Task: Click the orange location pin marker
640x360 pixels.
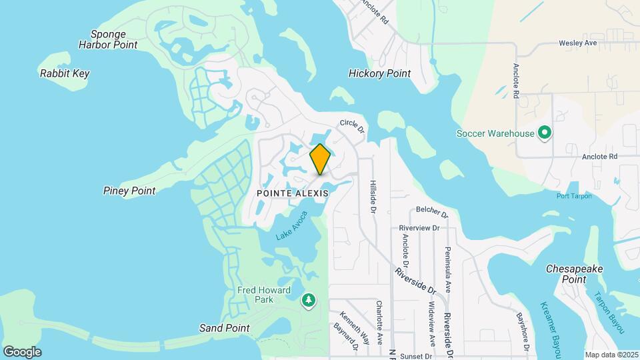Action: click(x=320, y=159)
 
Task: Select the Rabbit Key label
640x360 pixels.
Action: click(x=65, y=73)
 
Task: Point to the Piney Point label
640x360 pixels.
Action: click(x=129, y=191)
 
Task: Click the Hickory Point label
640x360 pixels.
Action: click(x=379, y=73)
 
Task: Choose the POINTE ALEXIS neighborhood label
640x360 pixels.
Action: click(x=293, y=193)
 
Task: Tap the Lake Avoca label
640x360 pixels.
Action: click(x=292, y=226)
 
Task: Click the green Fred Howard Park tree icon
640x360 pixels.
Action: click(x=308, y=301)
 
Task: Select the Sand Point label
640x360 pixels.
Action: click(x=224, y=328)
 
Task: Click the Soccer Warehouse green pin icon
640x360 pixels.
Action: click(x=544, y=133)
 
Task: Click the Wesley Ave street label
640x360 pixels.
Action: click(x=577, y=43)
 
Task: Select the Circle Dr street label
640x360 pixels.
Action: click(x=352, y=124)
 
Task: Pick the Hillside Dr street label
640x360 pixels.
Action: click(x=373, y=196)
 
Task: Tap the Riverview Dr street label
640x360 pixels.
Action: click(x=419, y=227)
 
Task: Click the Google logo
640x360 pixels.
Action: click(x=22, y=351)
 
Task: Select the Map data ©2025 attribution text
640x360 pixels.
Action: click(x=611, y=355)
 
